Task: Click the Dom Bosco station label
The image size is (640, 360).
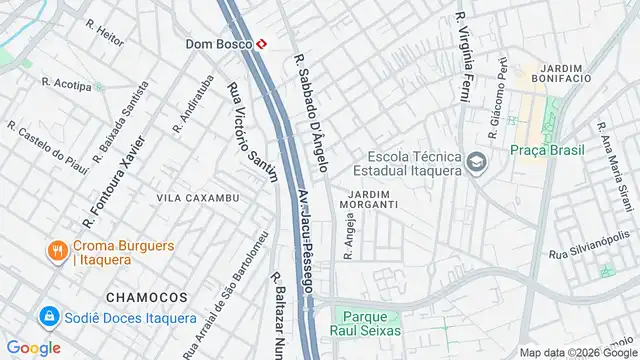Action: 218,44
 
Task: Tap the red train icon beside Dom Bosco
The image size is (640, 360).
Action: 261,44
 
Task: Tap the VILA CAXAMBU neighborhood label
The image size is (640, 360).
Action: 198,198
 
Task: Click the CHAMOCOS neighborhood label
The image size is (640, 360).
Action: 146,297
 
